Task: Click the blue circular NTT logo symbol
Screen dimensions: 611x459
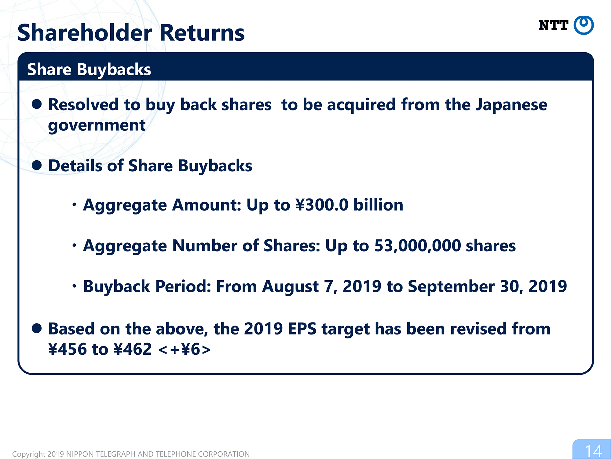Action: click(584, 25)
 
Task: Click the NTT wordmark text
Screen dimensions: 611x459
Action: click(553, 25)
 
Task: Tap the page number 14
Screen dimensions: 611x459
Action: click(593, 451)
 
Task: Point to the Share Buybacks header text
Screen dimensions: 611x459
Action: click(89, 69)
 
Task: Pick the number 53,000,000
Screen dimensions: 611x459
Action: click(418, 246)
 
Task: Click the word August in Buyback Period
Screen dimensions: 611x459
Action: click(290, 287)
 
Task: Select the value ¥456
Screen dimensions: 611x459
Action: click(68, 349)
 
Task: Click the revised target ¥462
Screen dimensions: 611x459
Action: click(132, 349)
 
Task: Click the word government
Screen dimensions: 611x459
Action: click(97, 125)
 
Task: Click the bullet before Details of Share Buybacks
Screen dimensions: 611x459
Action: click(37, 165)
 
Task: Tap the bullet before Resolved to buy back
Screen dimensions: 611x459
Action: click(37, 104)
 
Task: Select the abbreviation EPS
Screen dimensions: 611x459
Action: click(302, 329)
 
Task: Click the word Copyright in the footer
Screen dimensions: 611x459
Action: click(29, 454)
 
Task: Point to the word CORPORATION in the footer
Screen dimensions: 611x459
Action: click(224, 454)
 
